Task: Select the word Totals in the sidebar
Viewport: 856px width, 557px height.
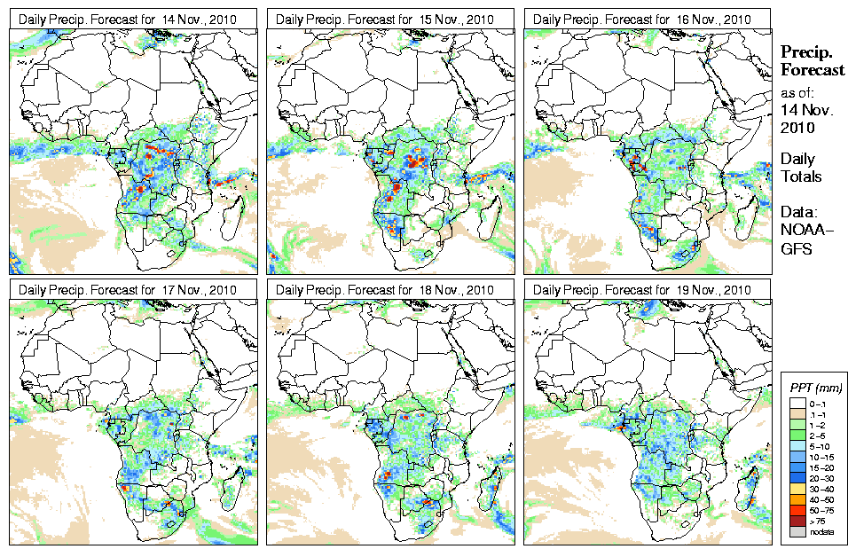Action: [801, 177]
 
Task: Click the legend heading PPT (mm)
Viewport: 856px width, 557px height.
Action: [815, 388]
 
